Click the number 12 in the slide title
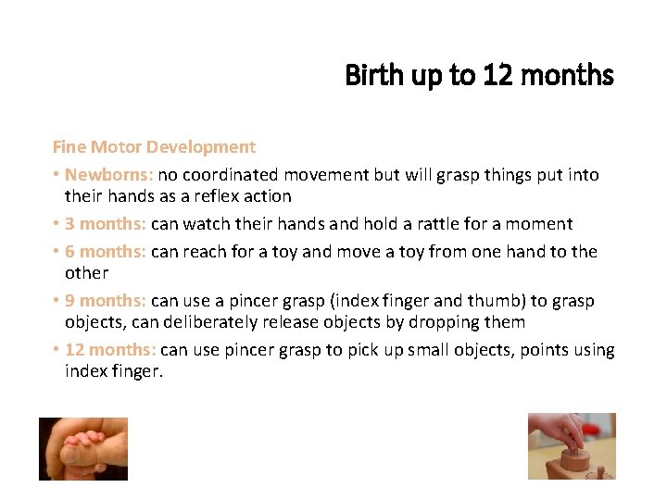click(497, 74)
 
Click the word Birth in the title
click(368, 74)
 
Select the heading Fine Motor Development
click(154, 146)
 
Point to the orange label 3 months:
click(106, 223)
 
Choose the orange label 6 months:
click(106, 251)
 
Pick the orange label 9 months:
click(106, 300)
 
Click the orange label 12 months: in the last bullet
click(110, 349)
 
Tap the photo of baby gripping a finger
click(82, 448)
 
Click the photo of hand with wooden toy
click(572, 445)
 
